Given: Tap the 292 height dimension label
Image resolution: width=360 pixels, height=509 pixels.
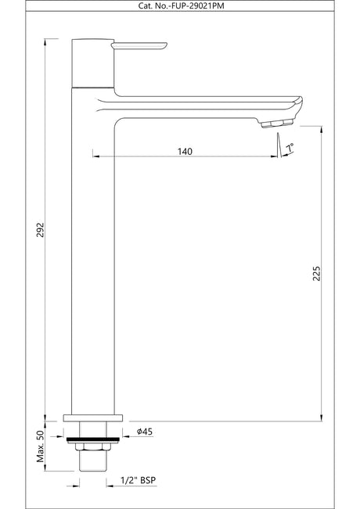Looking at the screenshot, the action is click(40, 230).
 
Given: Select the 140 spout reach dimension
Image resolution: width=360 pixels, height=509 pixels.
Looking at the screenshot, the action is click(185, 151).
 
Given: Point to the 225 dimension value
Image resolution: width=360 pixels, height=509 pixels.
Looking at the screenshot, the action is click(316, 274).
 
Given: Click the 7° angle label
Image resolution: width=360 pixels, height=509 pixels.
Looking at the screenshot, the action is click(290, 148).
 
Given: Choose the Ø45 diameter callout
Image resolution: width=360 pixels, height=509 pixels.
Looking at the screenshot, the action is click(145, 432).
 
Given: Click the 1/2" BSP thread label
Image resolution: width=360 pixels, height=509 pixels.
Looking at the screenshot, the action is click(138, 480).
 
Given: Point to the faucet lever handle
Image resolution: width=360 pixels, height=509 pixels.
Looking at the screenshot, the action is click(139, 46).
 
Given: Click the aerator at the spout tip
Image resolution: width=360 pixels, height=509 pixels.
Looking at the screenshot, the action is click(277, 123).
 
